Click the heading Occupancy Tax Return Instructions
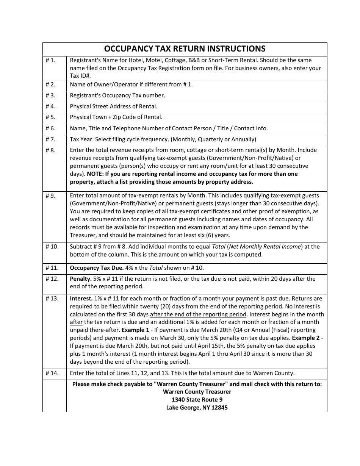(x=185, y=49)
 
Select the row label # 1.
(x=50, y=60)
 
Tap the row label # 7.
(x=50, y=139)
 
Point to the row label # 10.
(x=52, y=247)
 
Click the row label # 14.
(x=52, y=373)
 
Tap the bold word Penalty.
(x=81, y=279)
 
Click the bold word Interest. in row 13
(x=81, y=299)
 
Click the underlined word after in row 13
(x=76, y=322)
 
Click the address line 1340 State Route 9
(x=197, y=400)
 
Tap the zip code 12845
(x=219, y=408)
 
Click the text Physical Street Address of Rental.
(x=113, y=106)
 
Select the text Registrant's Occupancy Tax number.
(x=117, y=95)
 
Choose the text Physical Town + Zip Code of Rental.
(x=116, y=117)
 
